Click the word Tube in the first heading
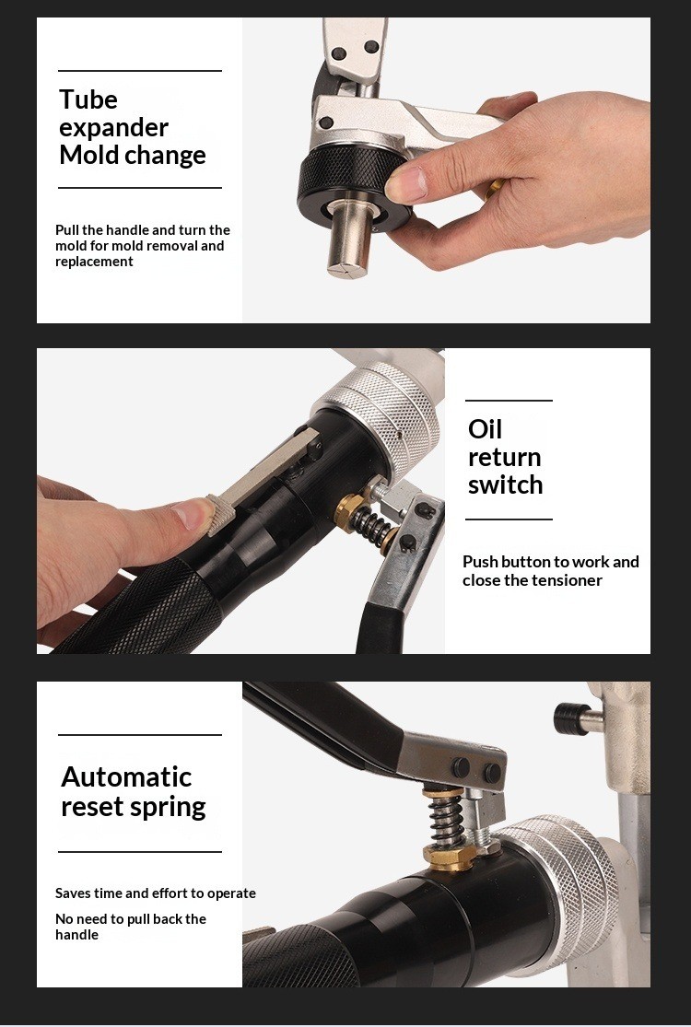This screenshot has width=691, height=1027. (x=88, y=99)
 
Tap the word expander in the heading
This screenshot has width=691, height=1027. (x=114, y=128)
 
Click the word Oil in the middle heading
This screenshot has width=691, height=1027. (x=485, y=429)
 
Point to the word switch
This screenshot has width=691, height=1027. (x=506, y=485)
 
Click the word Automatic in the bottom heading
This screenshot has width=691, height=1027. (x=126, y=777)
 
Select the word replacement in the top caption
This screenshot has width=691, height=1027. (x=94, y=262)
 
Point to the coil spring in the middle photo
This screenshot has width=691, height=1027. (x=370, y=523)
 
